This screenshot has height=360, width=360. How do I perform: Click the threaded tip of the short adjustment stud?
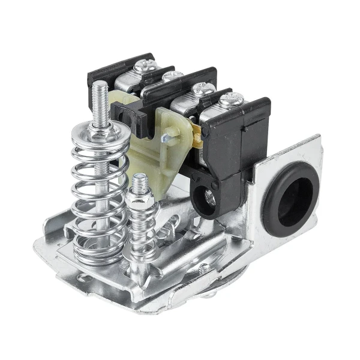click(x=139, y=179)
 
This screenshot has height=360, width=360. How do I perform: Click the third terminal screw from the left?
click(x=202, y=88)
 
